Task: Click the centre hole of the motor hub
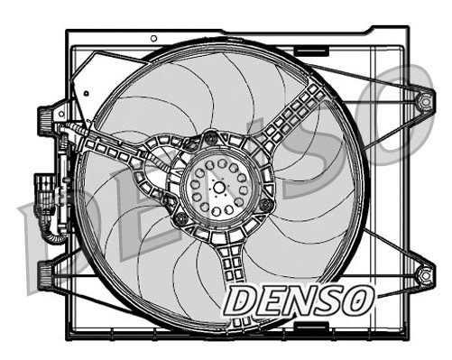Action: pyautogui.click(x=219, y=184)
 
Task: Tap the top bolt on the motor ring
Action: pyautogui.click(x=212, y=138)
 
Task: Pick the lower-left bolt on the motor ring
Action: pyautogui.click(x=180, y=219)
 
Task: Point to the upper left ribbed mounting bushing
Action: pyautogui.click(x=44, y=117)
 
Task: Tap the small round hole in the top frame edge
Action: pyautogui.click(x=153, y=38)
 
